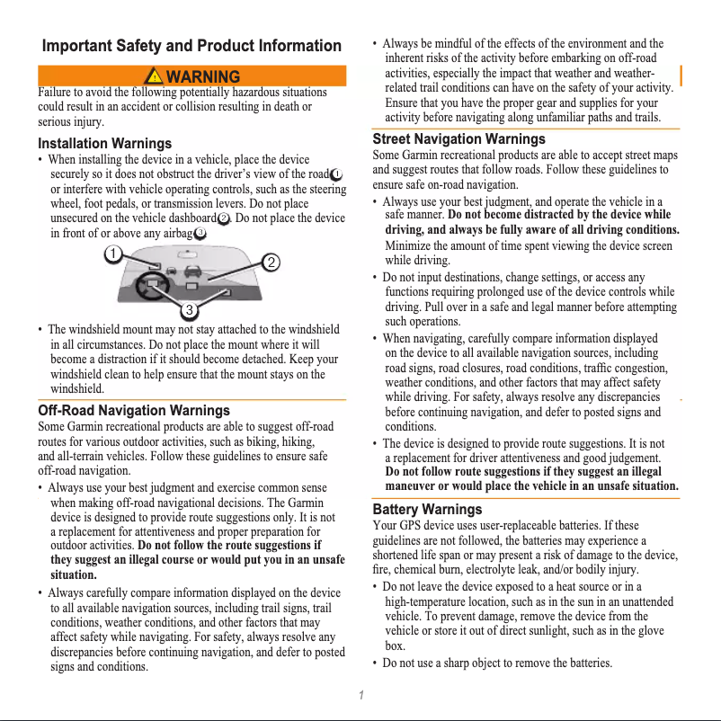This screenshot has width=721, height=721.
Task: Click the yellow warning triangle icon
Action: pyautogui.click(x=156, y=76)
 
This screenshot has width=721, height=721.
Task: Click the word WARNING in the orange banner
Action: pyautogui.click(x=203, y=76)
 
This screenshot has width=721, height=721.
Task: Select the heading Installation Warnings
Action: pyautogui.click(x=104, y=144)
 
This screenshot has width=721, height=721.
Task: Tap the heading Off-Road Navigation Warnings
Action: pyautogui.click(x=134, y=411)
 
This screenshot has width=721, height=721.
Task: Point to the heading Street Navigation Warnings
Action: pyautogui.click(x=458, y=139)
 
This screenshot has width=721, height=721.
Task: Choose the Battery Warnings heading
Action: pyautogui.click(x=427, y=510)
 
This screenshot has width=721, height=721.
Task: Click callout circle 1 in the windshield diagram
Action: pyautogui.click(x=112, y=254)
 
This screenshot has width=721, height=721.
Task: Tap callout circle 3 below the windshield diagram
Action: pyautogui.click(x=190, y=311)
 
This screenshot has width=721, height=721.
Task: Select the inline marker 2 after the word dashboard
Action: pyautogui.click(x=224, y=218)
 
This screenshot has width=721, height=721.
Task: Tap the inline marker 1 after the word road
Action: pyautogui.click(x=336, y=174)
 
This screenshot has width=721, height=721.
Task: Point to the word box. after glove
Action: pyautogui.click(x=394, y=646)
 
